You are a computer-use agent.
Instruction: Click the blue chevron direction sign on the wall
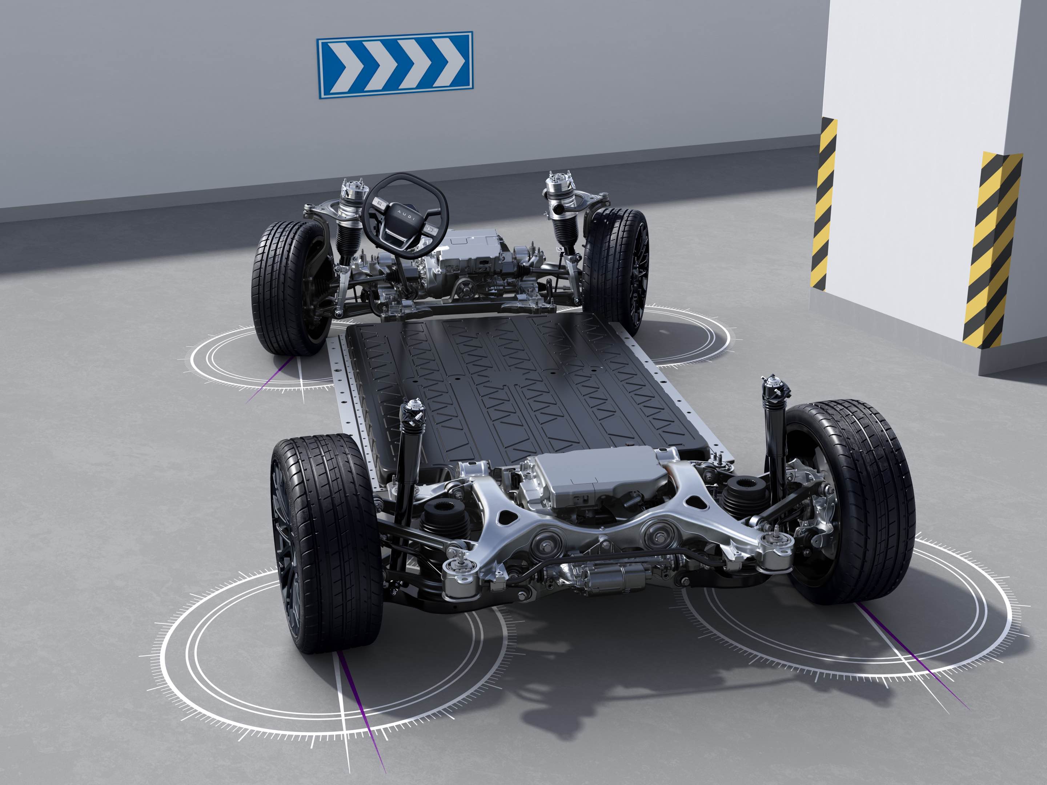click(394, 65)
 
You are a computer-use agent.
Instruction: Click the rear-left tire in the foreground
click(326, 544)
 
